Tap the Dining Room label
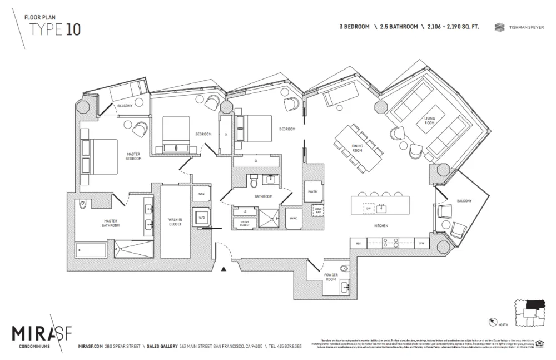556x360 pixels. click(x=357, y=149)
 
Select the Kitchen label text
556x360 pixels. click(x=381, y=225)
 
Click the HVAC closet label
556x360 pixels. click(x=293, y=218)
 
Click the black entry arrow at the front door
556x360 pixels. click(x=224, y=269)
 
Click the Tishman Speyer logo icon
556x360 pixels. click(x=499, y=27)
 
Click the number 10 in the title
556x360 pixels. click(x=73, y=30)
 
